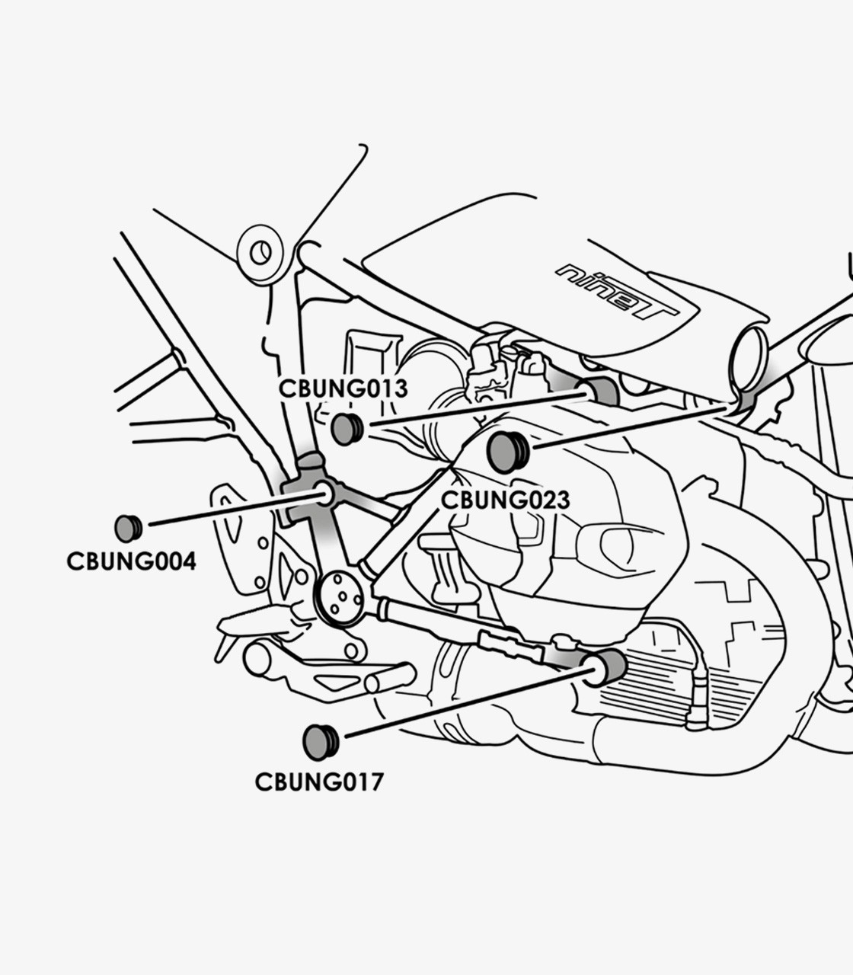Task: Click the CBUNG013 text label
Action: pos(343,388)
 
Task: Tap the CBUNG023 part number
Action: pos(505,500)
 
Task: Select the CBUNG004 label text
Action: pos(131,561)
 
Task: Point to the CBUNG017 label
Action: pos(319,782)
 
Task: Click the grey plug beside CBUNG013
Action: pos(347,429)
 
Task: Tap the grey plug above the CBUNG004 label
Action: pos(128,528)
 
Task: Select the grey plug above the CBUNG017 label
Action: pos(320,742)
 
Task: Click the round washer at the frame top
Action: pos(260,250)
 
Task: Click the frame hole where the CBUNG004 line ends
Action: pos(324,494)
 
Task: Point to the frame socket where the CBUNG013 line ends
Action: pos(602,391)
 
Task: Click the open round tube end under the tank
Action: pos(749,355)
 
